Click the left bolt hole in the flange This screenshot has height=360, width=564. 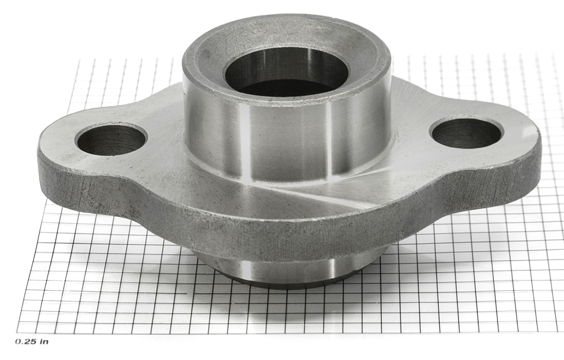click(x=111, y=139)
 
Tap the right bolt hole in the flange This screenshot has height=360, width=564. click(x=466, y=132)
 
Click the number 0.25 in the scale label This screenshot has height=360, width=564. click(x=26, y=341)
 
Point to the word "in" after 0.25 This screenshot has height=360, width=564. click(x=44, y=341)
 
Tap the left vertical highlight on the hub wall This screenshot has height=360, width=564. click(x=249, y=144)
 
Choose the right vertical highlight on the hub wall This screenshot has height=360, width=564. click(x=330, y=144)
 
